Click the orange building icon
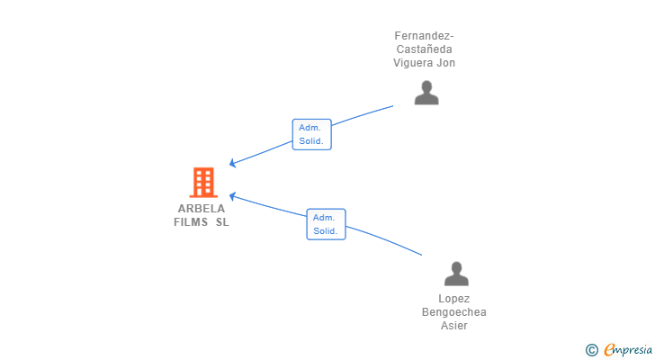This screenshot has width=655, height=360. tap(203, 182)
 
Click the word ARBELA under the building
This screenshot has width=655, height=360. tap(202, 208)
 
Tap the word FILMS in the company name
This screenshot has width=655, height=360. tap(191, 222)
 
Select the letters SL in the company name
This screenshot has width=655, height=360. tap(221, 222)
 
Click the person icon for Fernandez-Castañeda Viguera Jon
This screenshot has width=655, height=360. tap(426, 93)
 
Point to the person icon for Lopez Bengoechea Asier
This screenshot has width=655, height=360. tap(456, 274)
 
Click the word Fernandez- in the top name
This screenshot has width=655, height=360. tap(424, 36)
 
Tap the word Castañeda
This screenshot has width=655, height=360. tap(425, 49)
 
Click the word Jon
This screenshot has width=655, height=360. tap(446, 63)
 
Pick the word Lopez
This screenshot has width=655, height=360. tap(454, 299)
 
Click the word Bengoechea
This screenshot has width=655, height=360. tap(454, 312)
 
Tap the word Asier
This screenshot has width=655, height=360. tap(454, 326)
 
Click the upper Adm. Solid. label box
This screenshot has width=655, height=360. tap(312, 135)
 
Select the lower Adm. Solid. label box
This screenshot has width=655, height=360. tap(326, 224)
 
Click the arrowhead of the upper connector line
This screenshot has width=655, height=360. tap(232, 164)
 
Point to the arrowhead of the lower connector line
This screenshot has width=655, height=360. tap(232, 195)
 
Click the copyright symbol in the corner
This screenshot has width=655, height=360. tap(591, 349)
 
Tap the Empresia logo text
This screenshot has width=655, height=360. tap(628, 349)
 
